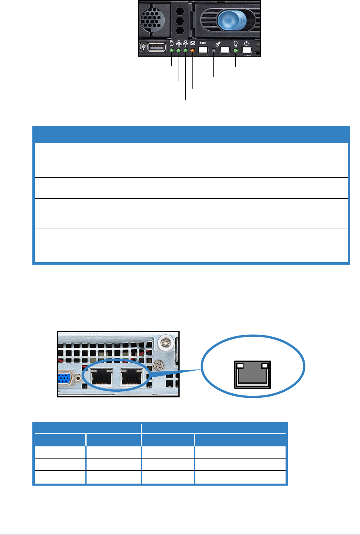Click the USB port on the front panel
(157, 48)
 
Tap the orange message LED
(193, 51)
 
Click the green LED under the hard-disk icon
(172, 51)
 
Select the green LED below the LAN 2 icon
(178, 51)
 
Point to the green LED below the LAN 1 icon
(186, 51)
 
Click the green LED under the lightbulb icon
(235, 51)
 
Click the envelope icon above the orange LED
(193, 43)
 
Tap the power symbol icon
(246, 43)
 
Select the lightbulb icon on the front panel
(235, 43)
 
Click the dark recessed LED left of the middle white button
(214, 51)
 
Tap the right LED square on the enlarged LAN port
(265, 365)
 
